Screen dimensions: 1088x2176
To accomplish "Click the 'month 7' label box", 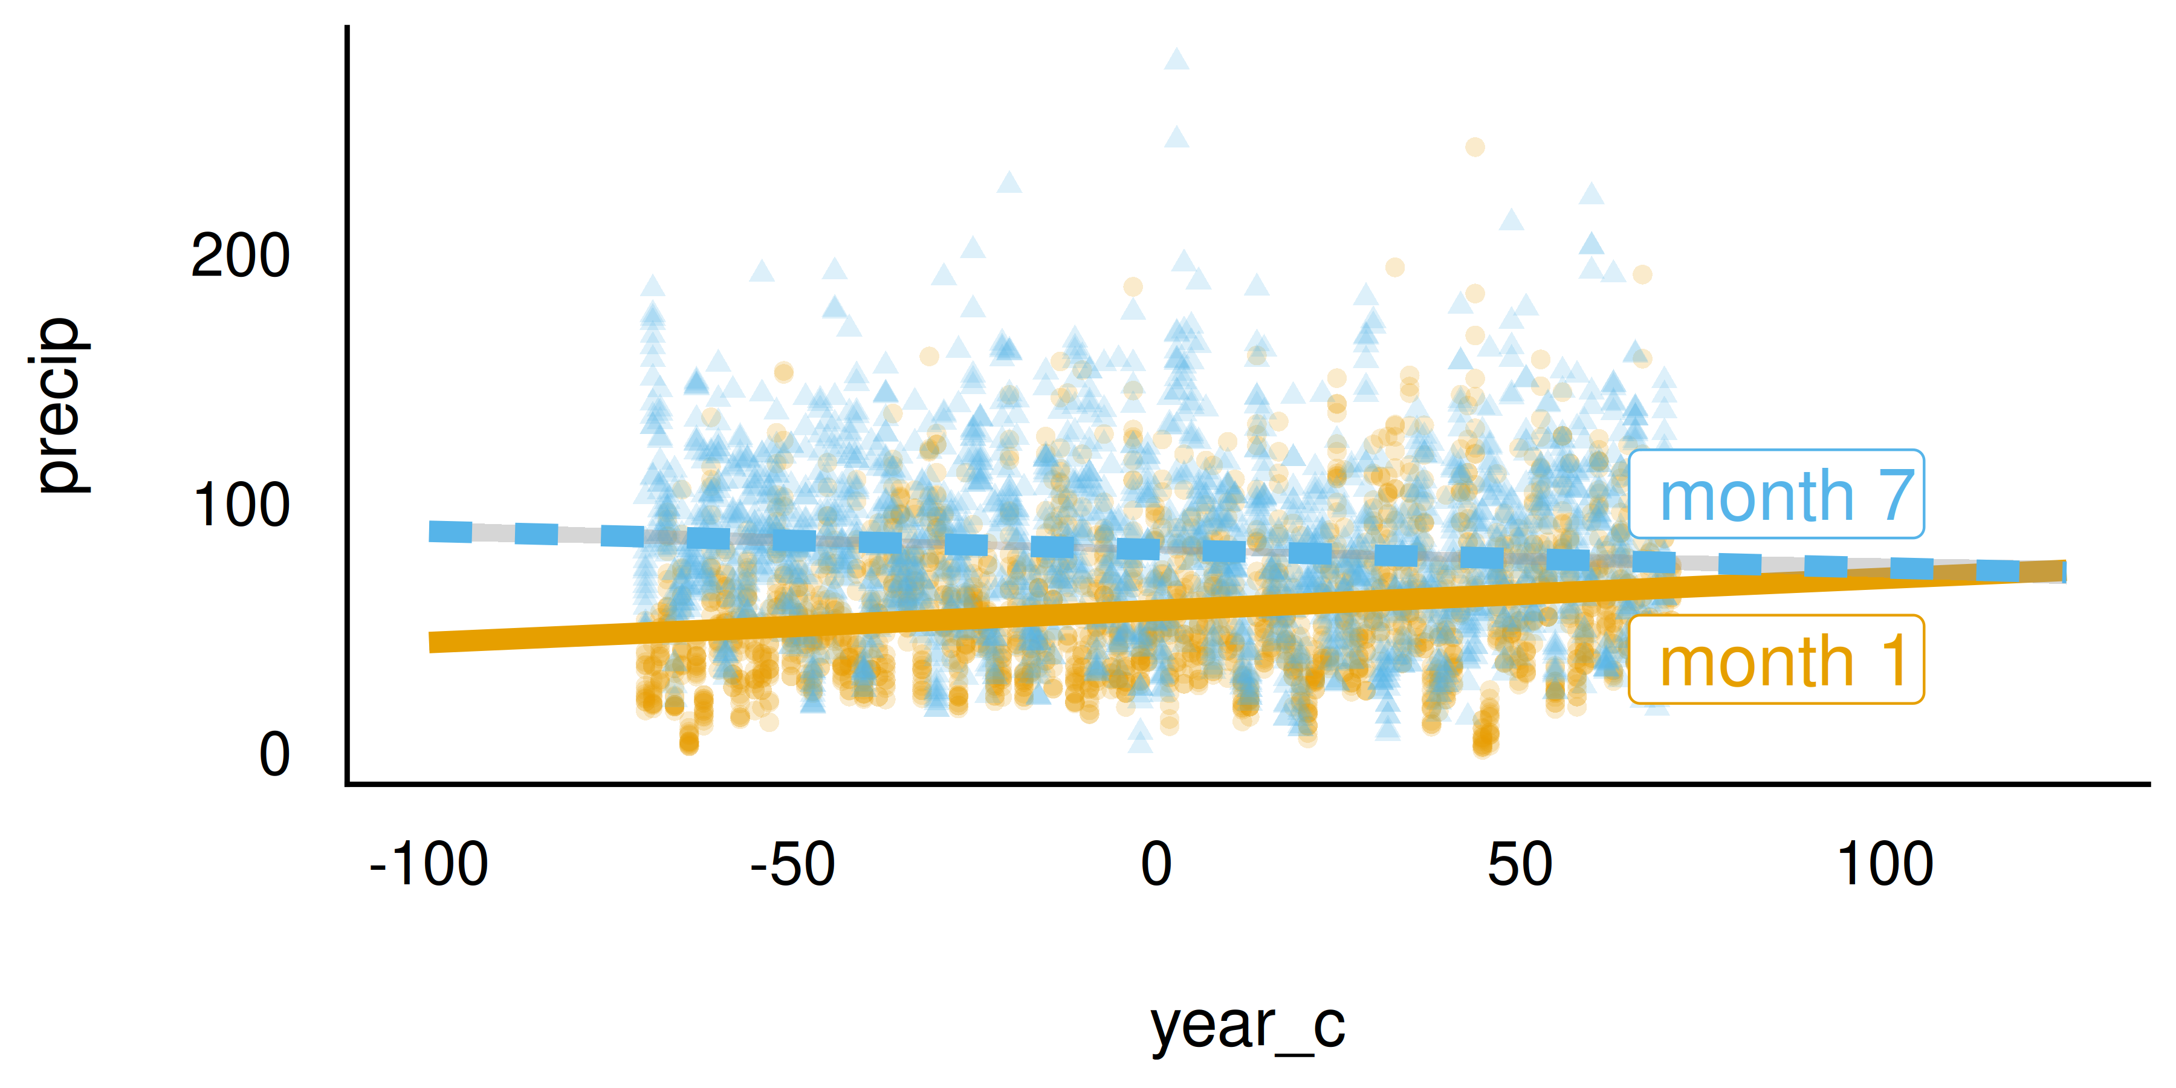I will point(1776,494).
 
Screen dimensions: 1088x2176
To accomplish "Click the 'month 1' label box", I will point(1776,659).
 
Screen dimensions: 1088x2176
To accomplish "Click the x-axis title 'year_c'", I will point(1248,1026).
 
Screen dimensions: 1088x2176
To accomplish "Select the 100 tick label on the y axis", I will point(241,505).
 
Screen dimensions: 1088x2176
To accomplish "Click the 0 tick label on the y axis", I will point(274,754).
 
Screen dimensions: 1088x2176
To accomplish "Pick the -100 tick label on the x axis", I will point(429,864).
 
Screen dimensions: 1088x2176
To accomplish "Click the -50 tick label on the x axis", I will point(792,864).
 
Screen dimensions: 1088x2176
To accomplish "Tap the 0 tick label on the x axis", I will point(1156,864).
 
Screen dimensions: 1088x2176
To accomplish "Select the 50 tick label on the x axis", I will point(1520,864).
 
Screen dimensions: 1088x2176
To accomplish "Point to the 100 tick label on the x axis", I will point(1885,864).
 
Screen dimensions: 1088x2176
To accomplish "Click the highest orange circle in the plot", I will point(1475,147).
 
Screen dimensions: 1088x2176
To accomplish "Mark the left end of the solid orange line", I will point(433,642).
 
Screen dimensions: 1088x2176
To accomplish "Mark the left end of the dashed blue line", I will point(433,531).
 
